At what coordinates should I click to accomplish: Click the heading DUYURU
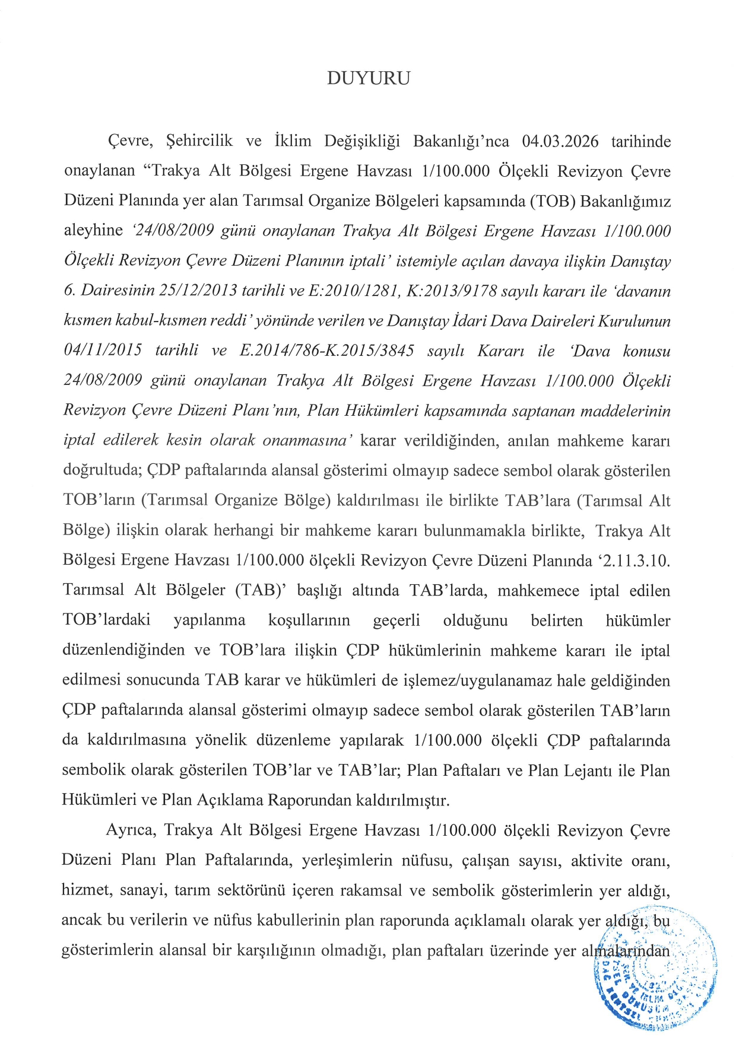[368, 78]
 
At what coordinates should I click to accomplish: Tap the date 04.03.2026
[560, 142]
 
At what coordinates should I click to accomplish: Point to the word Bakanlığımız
[625, 201]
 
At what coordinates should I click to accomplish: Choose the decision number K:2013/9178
[452, 291]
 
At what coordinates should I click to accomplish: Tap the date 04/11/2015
[102, 351]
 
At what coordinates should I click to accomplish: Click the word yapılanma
[209, 620]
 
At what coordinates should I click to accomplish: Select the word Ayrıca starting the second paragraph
[131, 830]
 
